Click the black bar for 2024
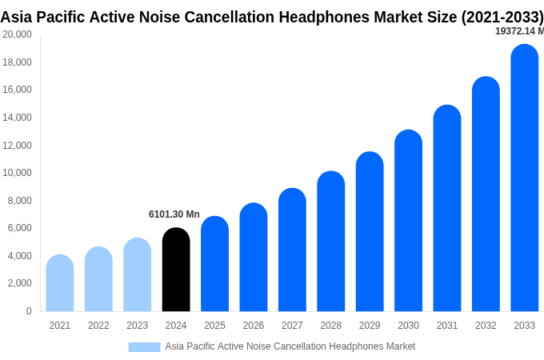(x=176, y=270)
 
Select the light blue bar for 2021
(x=60, y=283)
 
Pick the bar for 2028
(x=330, y=241)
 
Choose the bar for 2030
(x=408, y=220)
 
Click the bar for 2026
(x=254, y=257)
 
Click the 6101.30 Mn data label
(x=174, y=214)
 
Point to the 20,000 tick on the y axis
(x=18, y=34)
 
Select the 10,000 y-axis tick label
(x=18, y=173)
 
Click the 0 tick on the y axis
(x=29, y=311)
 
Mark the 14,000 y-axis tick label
(x=18, y=118)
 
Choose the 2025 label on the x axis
(x=214, y=326)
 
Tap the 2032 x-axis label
(x=486, y=326)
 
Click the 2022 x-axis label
(x=98, y=326)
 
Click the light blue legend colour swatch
(x=144, y=346)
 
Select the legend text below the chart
(x=290, y=346)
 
